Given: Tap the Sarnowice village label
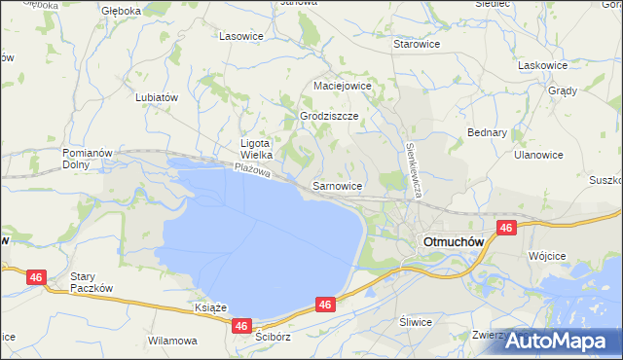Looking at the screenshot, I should point(338,184).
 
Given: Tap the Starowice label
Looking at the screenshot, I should point(416,45).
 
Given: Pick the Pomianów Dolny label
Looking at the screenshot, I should point(90,159).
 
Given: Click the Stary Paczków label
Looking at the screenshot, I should point(92,282).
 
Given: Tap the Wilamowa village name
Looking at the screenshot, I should point(172,342).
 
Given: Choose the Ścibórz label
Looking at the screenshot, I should point(273,337).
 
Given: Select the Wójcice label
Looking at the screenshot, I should point(546,255).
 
